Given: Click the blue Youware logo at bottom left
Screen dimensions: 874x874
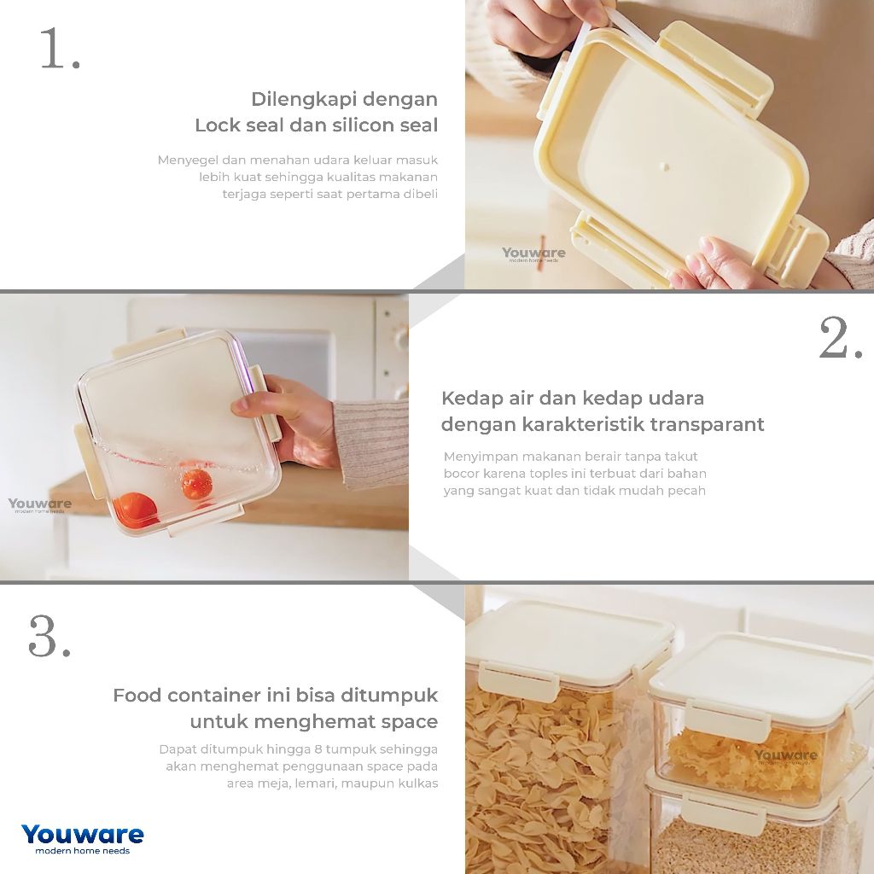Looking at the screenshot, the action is tap(83, 839).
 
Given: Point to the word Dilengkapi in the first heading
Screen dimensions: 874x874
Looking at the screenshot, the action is tap(298, 99).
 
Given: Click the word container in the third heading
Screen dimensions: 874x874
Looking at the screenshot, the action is tap(214, 695).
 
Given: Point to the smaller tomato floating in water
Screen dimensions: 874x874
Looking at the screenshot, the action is tap(197, 483).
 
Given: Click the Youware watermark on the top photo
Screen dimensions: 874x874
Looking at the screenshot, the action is tap(533, 254).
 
